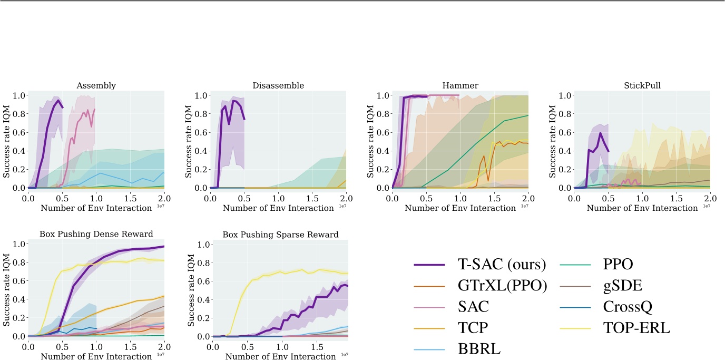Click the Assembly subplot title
click(x=96, y=85)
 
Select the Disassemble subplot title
click(x=278, y=85)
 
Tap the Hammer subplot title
click(x=460, y=85)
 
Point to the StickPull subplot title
click(x=642, y=85)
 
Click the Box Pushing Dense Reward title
click(x=96, y=234)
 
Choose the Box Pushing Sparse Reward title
click(x=280, y=234)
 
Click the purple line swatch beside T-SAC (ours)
click(x=428, y=265)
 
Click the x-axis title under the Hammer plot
click(x=460, y=208)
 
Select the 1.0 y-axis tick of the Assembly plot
click(x=18, y=95)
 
